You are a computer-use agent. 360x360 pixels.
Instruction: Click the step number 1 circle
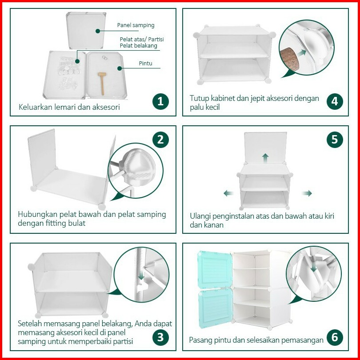tap(160, 101)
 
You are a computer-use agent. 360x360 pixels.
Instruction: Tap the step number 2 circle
tap(160, 140)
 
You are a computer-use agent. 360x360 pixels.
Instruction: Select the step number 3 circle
tap(160, 337)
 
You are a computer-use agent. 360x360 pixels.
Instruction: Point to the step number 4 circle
tap(335, 101)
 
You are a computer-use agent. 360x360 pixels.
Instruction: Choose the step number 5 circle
tap(335, 140)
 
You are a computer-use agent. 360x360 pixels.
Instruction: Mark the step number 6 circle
tap(335, 337)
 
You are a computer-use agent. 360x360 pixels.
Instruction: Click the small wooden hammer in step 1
tap(102, 84)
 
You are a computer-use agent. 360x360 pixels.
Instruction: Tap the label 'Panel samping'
tap(136, 25)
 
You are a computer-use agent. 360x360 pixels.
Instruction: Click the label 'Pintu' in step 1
tap(146, 63)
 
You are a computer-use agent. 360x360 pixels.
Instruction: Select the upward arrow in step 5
tap(265, 158)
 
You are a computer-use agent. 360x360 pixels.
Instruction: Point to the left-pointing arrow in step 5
tap(229, 193)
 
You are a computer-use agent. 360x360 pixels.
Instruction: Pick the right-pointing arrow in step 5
tap(307, 193)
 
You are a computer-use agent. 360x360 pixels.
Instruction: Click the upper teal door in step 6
tap(215, 269)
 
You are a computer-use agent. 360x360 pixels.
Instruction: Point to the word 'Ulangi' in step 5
tap(199, 216)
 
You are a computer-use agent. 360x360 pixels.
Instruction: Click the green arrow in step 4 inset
tap(301, 52)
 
